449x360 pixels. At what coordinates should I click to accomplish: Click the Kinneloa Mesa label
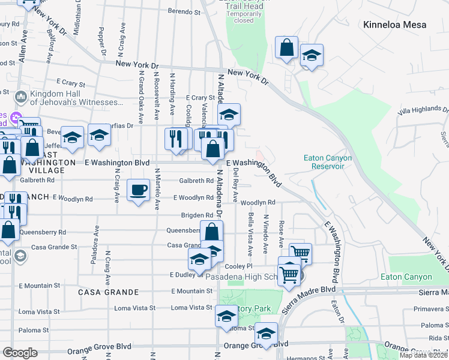pos(394,25)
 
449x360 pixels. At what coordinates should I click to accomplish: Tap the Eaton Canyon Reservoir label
pos(327,162)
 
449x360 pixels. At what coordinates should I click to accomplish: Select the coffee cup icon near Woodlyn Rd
pos(138,190)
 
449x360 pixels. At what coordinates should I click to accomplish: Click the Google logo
pos(20,353)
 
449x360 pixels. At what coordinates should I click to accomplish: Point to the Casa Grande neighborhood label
pos(108,292)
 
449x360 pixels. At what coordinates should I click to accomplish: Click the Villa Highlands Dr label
pos(424,111)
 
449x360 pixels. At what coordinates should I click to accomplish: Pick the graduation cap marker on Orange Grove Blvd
pos(265,333)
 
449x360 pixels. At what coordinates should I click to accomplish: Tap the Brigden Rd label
pos(197,215)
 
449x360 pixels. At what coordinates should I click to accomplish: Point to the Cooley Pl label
pos(237,266)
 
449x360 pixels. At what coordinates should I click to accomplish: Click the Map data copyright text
pos(424,355)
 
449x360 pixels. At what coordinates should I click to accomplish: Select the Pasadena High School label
pos(249,278)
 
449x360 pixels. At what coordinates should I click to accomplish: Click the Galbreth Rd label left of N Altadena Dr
pos(196,181)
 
